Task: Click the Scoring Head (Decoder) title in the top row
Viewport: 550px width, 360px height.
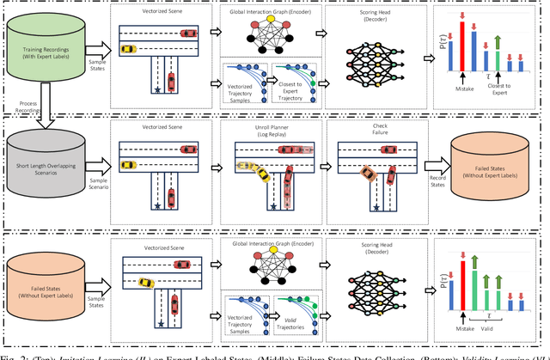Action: point(376,15)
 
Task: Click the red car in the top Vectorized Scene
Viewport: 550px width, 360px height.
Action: point(186,34)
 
